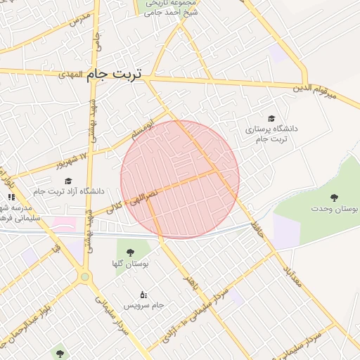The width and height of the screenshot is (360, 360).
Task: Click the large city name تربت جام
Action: point(116,75)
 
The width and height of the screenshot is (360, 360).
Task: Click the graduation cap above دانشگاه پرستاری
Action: point(271,118)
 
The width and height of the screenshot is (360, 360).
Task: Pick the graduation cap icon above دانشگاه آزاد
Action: point(68,181)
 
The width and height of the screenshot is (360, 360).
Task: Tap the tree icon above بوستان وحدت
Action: point(333,198)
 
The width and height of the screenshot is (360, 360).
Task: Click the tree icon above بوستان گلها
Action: point(130,252)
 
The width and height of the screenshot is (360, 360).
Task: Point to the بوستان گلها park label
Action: point(131,262)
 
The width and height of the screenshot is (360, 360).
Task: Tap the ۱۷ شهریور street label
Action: point(72,161)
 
